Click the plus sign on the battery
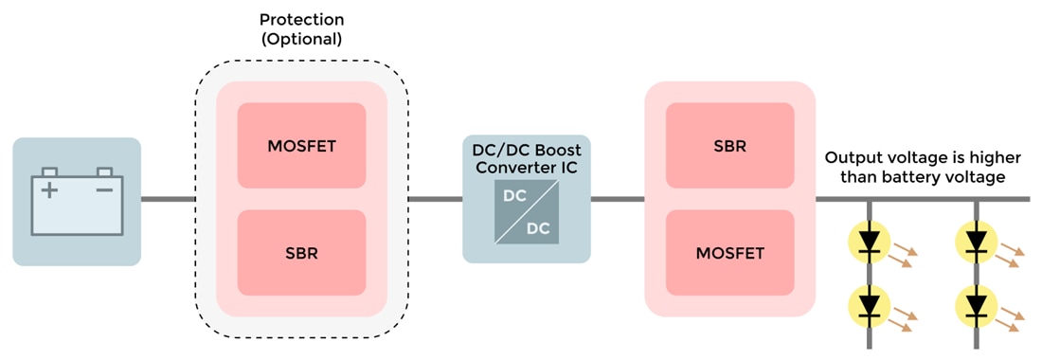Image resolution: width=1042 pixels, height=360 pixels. point(48,189)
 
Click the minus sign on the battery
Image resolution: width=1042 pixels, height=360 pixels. point(104,189)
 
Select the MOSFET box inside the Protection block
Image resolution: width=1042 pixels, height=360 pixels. point(301,146)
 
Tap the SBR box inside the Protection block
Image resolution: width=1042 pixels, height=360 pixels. point(301,254)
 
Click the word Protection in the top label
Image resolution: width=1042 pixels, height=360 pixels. point(301,20)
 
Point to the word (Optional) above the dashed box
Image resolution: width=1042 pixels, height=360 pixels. point(301,40)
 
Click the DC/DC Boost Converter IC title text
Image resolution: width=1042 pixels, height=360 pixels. point(527,159)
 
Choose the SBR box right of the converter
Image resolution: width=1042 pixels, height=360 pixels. point(729,146)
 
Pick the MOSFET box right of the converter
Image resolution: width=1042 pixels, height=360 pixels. point(729,254)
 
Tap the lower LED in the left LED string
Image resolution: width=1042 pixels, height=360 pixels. point(870,305)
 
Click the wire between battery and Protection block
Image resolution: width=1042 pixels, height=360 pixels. point(168,200)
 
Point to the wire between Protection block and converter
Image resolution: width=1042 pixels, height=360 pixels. point(435,200)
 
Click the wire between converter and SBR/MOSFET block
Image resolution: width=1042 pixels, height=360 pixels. point(617,200)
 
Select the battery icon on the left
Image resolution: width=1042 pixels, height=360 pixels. point(77,201)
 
